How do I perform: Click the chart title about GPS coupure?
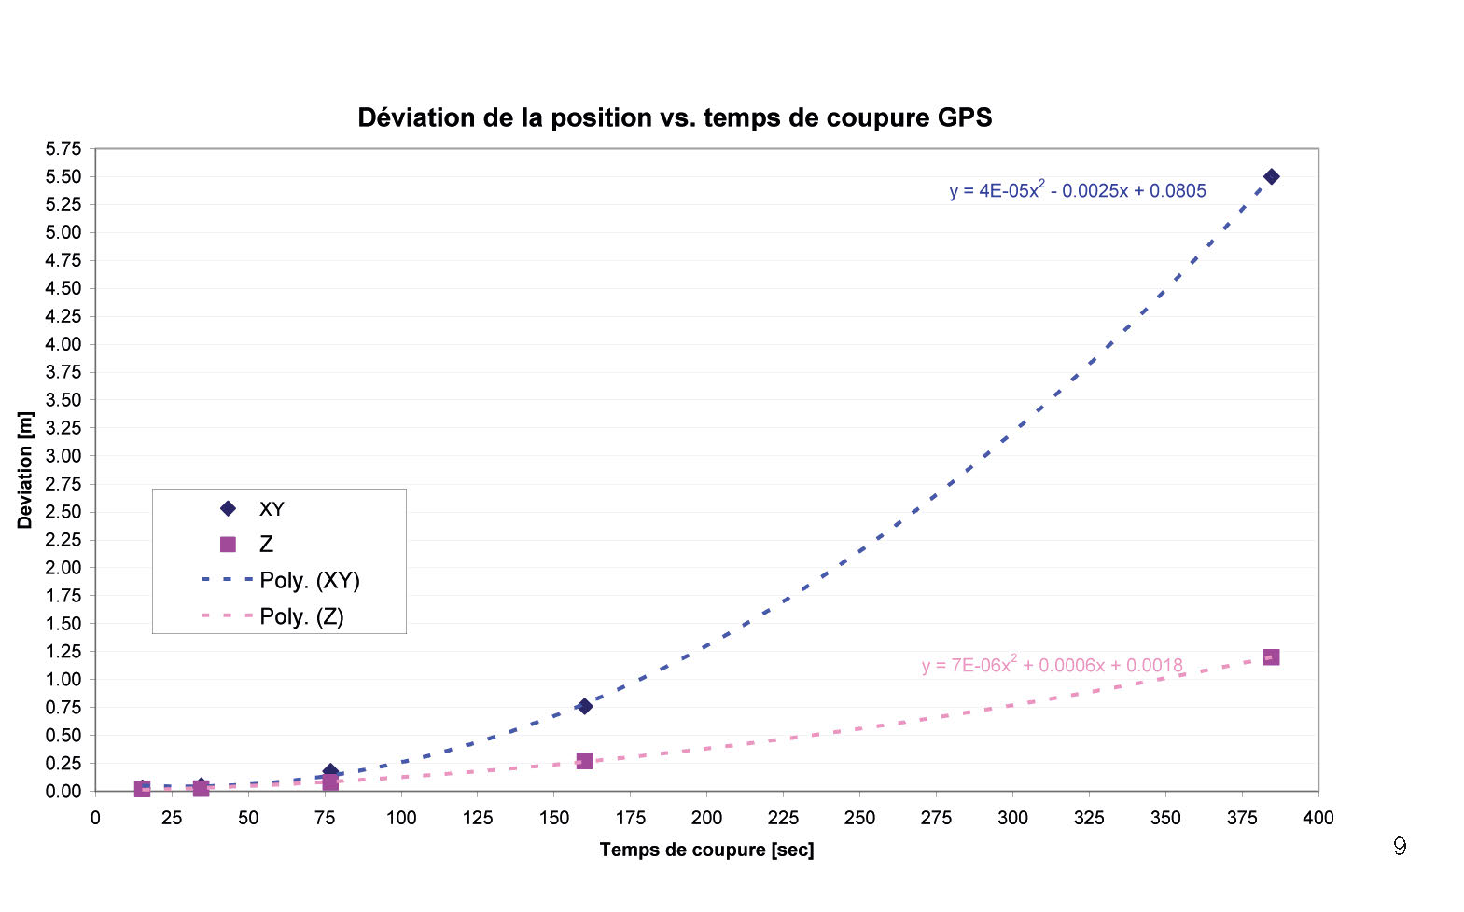tap(675, 117)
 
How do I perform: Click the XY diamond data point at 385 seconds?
tap(1271, 176)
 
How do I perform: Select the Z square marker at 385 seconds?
tap(1271, 657)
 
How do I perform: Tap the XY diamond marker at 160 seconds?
tap(584, 706)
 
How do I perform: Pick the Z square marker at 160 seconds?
tap(584, 761)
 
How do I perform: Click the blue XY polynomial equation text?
tap(1078, 190)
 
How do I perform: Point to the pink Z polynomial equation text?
tap(1052, 665)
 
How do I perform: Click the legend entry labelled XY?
tap(272, 509)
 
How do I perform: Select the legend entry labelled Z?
tap(266, 545)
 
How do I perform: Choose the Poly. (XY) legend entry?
tap(309, 580)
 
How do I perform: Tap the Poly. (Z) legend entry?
tap(301, 616)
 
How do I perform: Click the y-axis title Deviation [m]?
tap(25, 470)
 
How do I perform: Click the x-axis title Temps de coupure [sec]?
tap(706, 850)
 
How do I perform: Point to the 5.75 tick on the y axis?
tap(63, 149)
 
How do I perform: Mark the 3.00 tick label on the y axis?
tap(63, 456)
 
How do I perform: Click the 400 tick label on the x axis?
tap(1318, 818)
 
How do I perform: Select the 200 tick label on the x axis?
tap(706, 818)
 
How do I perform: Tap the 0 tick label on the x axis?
tap(95, 818)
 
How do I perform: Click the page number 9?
tap(1399, 846)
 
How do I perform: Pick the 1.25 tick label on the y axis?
tap(63, 651)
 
